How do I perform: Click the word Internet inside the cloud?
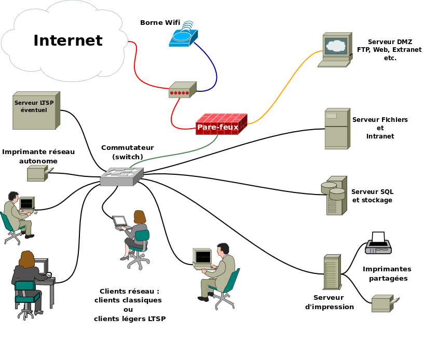point(68,40)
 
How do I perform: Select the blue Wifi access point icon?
point(183,37)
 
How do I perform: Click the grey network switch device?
point(121,177)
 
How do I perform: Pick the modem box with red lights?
point(182,90)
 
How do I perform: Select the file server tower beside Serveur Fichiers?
point(336,129)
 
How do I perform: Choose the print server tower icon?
point(331,272)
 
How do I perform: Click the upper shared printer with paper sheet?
point(378,244)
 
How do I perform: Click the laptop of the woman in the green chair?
point(120,222)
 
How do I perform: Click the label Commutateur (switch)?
point(127,152)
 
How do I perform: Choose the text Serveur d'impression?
point(329,302)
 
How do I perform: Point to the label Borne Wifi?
point(160,22)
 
